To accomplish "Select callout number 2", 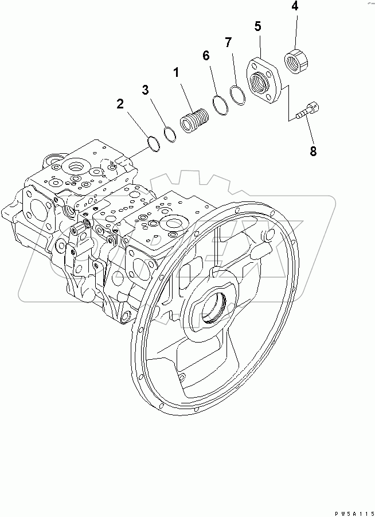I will (x=120, y=104).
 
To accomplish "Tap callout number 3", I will (x=145, y=90).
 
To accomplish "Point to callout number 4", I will (x=294, y=6).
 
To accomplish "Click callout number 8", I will (x=313, y=151).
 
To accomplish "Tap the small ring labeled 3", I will (x=170, y=133).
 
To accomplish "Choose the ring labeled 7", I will (x=237, y=94).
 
